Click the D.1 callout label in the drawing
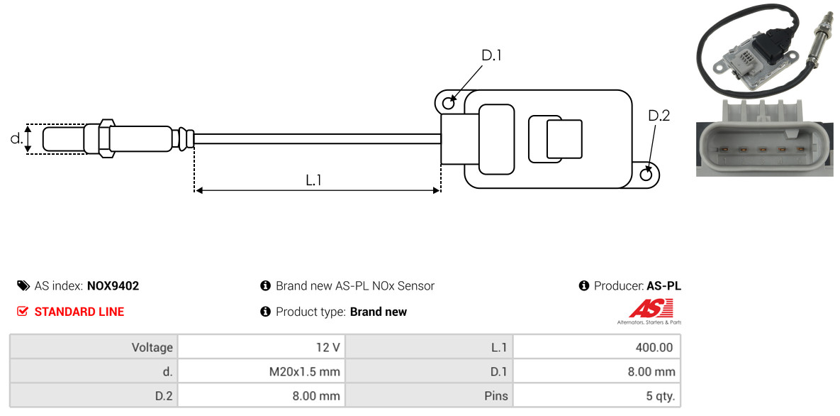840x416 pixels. [x=491, y=55]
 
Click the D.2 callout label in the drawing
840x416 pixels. [x=659, y=116]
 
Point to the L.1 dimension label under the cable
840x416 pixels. [x=313, y=180]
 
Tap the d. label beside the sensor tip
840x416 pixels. [x=16, y=138]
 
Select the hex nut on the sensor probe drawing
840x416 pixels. [x=106, y=138]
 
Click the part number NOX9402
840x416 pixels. [x=113, y=286]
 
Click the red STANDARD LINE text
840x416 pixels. [x=79, y=312]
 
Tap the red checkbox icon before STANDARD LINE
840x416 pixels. [x=22, y=312]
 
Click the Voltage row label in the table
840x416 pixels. [x=152, y=347]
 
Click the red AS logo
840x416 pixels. [x=650, y=309]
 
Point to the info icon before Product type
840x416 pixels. [x=264, y=312]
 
